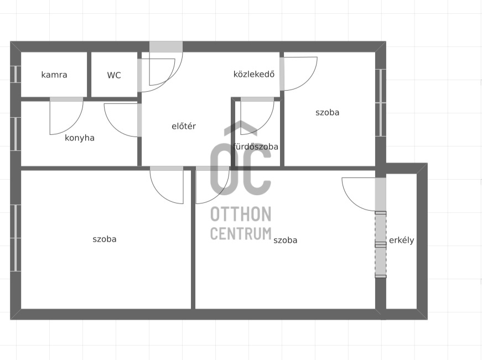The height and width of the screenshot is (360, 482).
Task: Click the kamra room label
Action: (x=54, y=75)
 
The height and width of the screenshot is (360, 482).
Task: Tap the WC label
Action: (x=114, y=75)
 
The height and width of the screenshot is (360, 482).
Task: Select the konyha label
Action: (x=80, y=138)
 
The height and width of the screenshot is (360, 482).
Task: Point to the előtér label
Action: (x=184, y=126)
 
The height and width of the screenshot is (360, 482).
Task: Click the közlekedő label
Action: (x=254, y=74)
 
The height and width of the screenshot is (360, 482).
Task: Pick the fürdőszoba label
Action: (x=256, y=147)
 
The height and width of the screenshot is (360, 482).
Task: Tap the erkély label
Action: (x=401, y=240)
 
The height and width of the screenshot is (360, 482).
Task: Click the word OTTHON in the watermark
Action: (x=241, y=214)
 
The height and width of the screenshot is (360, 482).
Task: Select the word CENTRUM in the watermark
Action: (x=241, y=233)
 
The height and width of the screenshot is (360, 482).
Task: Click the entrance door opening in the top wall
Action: (x=166, y=46)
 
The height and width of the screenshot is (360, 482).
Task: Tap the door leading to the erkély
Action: (x=381, y=195)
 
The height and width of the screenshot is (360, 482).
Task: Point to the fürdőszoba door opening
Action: (x=257, y=99)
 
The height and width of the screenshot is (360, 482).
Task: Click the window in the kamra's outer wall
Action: (x=15, y=74)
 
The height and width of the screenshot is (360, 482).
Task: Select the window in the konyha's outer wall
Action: (x=15, y=134)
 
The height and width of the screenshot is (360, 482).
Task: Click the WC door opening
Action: (x=139, y=75)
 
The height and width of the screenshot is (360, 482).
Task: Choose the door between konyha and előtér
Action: (x=139, y=120)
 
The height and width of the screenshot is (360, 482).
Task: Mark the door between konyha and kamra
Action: (x=66, y=99)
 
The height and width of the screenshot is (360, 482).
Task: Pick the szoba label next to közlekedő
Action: (x=328, y=112)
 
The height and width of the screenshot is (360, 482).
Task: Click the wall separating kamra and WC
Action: (x=89, y=75)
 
